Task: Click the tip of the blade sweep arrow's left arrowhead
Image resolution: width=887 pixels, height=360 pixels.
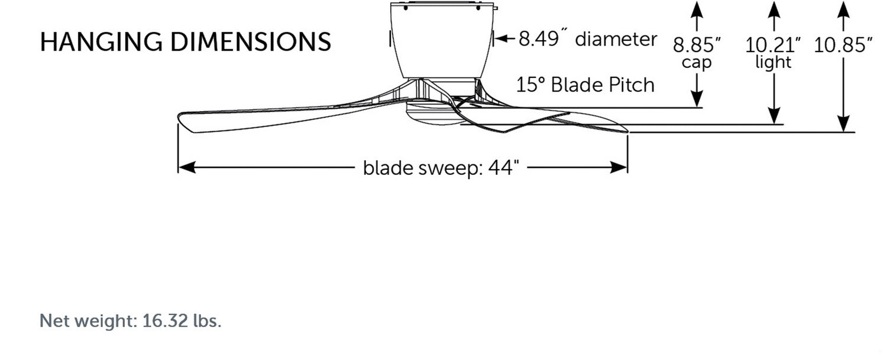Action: [x=179, y=167]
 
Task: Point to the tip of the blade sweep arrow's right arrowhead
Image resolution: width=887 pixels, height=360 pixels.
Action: [x=627, y=167]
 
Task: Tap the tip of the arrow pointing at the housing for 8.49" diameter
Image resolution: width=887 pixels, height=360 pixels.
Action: [x=494, y=38]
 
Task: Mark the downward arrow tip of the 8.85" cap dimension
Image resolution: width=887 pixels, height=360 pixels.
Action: [x=697, y=107]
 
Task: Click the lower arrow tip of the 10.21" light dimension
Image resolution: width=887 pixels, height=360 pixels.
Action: [x=774, y=124]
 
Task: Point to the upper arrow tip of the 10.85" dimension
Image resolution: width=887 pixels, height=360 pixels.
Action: [x=843, y=2]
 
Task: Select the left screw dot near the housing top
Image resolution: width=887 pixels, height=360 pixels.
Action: [x=406, y=8]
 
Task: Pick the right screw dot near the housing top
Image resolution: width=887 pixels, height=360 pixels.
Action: [x=478, y=8]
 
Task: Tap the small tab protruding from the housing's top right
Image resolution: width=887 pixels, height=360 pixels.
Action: [x=495, y=7]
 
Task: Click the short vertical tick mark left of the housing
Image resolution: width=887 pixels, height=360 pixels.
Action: [x=390, y=39]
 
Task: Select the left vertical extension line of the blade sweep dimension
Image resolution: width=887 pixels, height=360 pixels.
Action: [x=178, y=148]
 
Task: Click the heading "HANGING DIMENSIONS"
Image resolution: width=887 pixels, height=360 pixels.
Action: [x=185, y=41]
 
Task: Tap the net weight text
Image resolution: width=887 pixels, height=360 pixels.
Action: [x=130, y=320]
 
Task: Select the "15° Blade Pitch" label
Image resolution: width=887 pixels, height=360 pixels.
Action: [x=585, y=85]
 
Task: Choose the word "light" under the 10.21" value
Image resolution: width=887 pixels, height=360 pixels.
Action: [x=773, y=63]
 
